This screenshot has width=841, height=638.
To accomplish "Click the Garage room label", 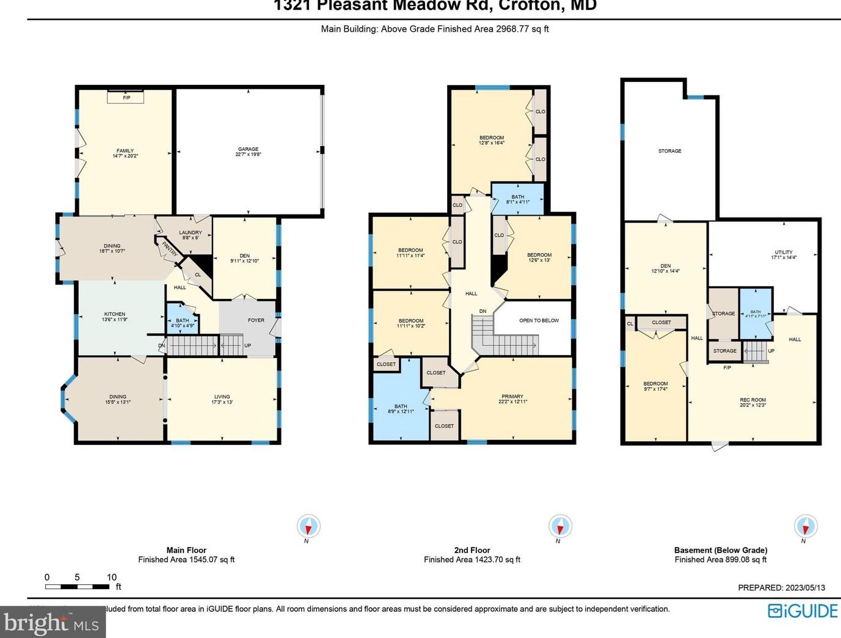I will (248, 149).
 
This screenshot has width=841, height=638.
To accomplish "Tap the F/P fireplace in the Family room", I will (126, 97).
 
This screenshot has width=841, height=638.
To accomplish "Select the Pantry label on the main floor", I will (169, 249).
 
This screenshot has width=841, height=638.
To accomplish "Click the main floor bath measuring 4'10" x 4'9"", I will (182, 323).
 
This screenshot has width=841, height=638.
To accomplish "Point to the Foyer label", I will (256, 320).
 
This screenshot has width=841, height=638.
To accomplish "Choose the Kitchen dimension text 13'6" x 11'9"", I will (114, 320).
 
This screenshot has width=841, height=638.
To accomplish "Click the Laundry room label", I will (190, 233).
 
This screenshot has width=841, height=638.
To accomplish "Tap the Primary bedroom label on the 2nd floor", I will (512, 397).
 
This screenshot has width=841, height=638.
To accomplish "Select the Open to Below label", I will (539, 320).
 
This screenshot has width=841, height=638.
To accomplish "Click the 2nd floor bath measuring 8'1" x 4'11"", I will (517, 199).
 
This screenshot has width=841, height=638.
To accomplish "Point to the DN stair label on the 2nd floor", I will (482, 312).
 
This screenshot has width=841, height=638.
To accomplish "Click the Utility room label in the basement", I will (783, 252).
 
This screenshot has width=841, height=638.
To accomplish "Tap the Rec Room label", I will (752, 400).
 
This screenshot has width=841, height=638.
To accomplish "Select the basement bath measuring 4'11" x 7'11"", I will (755, 313).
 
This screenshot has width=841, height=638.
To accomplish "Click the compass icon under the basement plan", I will (805, 526).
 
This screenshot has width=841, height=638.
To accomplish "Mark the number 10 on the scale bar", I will (112, 577).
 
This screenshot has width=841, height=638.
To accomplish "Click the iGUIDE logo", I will (803, 610).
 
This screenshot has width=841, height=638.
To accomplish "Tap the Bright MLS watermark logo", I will (52, 623).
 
